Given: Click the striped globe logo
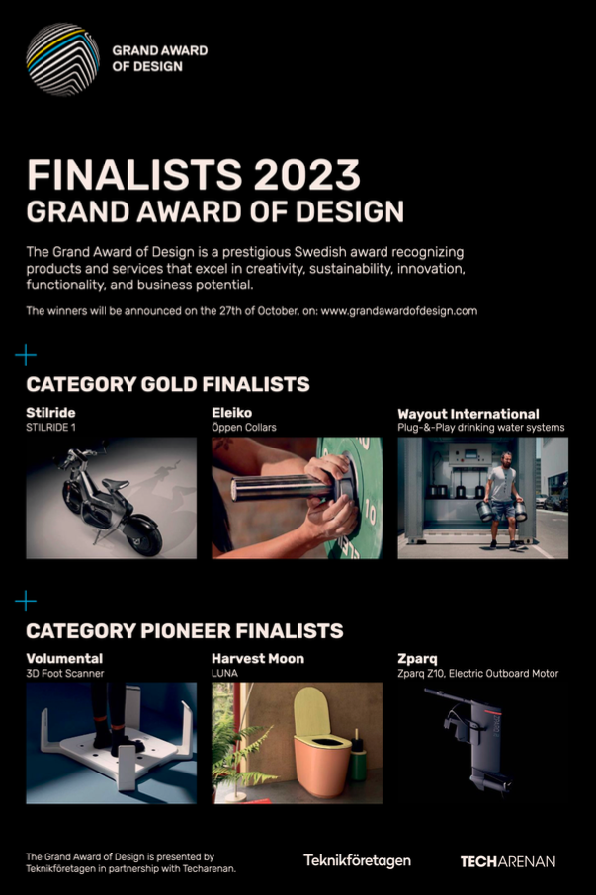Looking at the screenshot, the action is (63, 59).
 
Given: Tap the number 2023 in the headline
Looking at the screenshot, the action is (307, 175).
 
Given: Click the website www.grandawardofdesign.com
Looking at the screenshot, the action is (399, 311).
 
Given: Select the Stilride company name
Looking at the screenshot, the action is (50, 413).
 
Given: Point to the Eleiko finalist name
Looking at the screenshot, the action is (231, 413).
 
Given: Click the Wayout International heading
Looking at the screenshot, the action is (468, 414).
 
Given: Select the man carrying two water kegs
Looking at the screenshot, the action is (502, 501).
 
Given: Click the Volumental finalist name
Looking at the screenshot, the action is (64, 659).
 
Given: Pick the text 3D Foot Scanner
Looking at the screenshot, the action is (65, 674).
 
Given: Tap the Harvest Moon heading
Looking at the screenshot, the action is (258, 659).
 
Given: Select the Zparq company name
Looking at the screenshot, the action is (417, 659).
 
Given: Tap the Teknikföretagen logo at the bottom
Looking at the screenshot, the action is (357, 860).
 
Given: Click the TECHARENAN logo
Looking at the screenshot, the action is (507, 861).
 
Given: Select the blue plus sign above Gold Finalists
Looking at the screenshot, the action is (26, 355).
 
